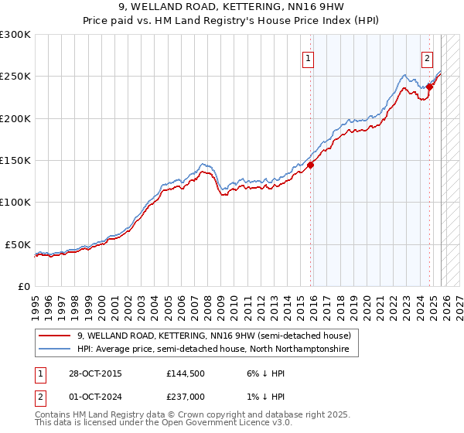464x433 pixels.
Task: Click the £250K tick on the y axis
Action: pos(15,77)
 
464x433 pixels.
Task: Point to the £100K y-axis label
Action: pos(15,202)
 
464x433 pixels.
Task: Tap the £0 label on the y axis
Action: pos(24,286)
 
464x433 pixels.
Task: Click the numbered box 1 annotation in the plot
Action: pos(309,57)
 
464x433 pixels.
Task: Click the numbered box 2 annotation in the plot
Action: pos(427,57)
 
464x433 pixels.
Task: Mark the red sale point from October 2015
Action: pos(311,164)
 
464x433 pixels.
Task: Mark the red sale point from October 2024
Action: pos(430,87)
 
